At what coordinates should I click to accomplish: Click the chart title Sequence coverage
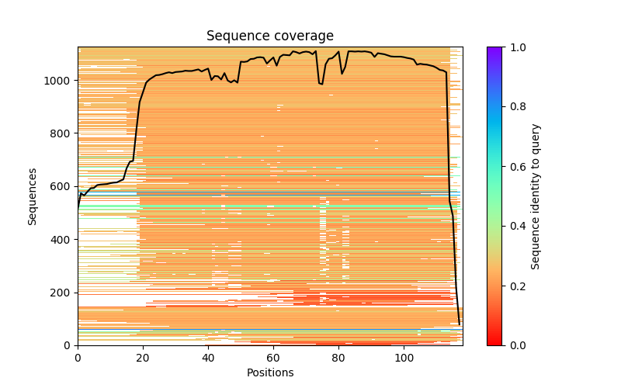click(x=269, y=36)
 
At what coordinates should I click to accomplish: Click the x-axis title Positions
click(x=269, y=372)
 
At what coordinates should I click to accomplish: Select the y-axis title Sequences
click(x=33, y=196)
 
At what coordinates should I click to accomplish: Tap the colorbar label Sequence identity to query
click(x=536, y=196)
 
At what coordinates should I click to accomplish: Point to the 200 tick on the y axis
click(x=62, y=293)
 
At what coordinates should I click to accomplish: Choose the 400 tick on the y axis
click(x=62, y=239)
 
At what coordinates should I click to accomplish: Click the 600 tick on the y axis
click(x=62, y=186)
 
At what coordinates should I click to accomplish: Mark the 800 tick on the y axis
click(x=62, y=133)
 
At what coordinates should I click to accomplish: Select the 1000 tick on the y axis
click(x=60, y=81)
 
